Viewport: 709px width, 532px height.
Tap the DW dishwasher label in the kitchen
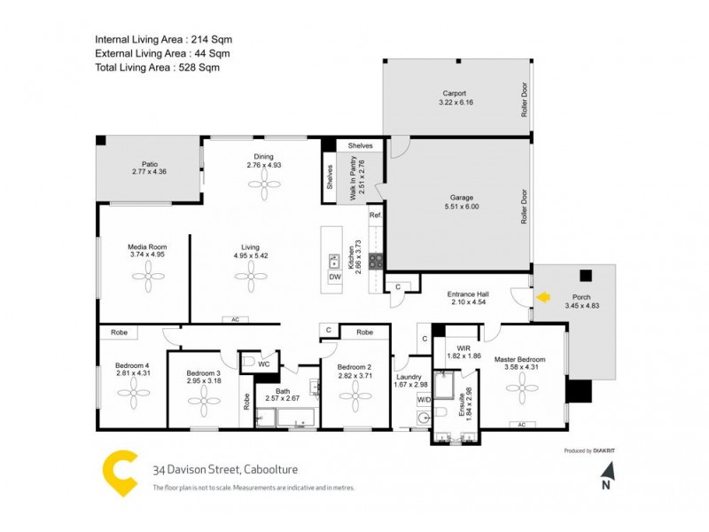click(335, 278)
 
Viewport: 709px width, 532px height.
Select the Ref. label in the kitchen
click(375, 215)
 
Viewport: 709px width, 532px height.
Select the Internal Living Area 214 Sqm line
click(164, 40)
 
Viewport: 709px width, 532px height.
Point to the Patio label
click(150, 164)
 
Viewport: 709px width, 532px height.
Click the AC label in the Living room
click(235, 319)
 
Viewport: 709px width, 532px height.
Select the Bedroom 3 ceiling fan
click(203, 398)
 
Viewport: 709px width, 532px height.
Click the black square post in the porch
click(585, 275)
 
